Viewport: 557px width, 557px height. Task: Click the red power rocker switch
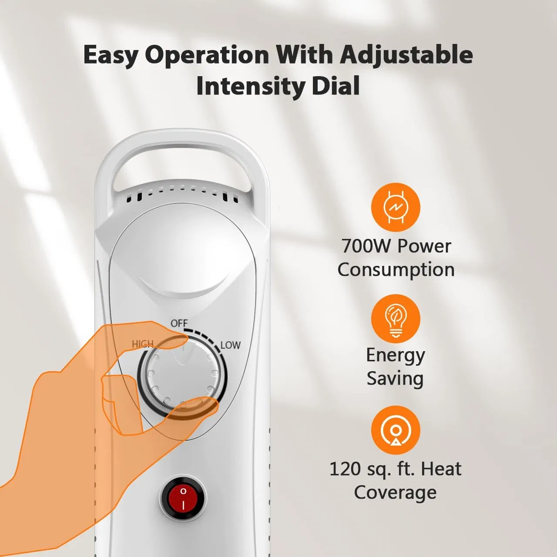tap(183, 498)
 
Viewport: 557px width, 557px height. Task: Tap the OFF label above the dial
tap(179, 323)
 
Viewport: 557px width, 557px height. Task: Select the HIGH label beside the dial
tap(143, 344)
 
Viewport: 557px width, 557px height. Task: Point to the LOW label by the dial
tap(230, 345)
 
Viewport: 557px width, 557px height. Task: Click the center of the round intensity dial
tap(182, 375)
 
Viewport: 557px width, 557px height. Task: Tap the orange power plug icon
tap(395, 207)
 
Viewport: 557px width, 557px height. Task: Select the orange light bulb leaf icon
tap(395, 319)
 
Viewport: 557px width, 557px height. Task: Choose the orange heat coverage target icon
tap(395, 430)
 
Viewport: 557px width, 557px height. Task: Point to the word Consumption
tap(396, 270)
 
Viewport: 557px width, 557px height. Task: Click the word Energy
tap(395, 355)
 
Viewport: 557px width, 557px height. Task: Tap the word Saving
tap(395, 378)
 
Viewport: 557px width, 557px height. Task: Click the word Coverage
tap(395, 493)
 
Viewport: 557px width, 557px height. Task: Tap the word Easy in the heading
tap(111, 56)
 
